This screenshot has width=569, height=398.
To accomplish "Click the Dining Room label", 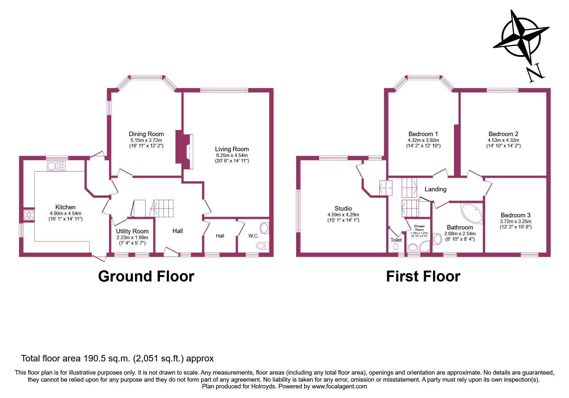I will [x=146, y=134].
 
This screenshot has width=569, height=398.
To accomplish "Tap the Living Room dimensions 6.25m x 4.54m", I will [x=232, y=155].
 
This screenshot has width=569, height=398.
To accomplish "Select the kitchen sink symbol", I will [x=56, y=166].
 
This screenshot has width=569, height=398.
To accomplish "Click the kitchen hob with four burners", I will [x=29, y=214].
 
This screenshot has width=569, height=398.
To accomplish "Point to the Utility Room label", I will [x=132, y=231].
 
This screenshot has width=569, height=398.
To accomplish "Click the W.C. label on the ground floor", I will [x=253, y=236].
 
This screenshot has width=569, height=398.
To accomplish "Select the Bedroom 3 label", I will [x=515, y=215].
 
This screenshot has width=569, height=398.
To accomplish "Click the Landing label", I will [x=435, y=189].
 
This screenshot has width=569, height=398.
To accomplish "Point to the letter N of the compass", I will [x=535, y=73].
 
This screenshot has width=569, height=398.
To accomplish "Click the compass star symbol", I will [x=521, y=37].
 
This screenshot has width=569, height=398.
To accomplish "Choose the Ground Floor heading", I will [x=146, y=276].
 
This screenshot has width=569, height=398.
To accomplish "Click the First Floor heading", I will [x=423, y=276].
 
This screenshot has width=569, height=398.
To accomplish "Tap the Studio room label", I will [x=343, y=208].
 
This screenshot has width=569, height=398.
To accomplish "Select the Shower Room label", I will [x=419, y=228].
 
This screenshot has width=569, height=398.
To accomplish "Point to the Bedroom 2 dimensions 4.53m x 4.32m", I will [x=503, y=140].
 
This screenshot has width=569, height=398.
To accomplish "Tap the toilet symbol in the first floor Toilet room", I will [x=396, y=247].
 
